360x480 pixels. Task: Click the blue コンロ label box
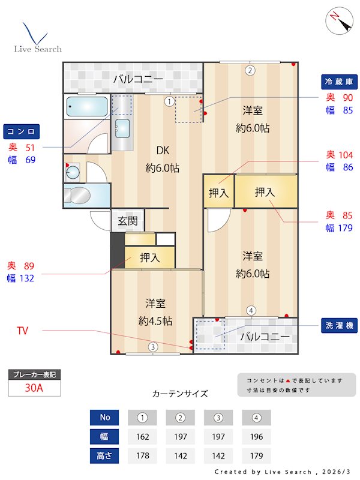tap(22, 131)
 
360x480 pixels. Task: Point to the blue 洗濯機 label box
tap(340, 325)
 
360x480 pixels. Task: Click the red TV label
tap(23, 331)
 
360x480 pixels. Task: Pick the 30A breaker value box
tap(34, 388)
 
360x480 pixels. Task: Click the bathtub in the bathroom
tap(87, 107)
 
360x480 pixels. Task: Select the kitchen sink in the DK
tap(122, 128)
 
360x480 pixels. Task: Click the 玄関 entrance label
tap(127, 221)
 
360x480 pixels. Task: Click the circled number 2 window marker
tap(250, 70)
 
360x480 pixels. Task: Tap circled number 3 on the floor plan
tap(153, 346)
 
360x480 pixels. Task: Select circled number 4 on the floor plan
tap(251, 310)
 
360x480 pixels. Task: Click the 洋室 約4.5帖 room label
tap(155, 312)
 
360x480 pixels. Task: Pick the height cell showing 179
tap(256, 455)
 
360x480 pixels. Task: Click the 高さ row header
tap(104, 455)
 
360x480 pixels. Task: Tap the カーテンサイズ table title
tap(180, 394)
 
